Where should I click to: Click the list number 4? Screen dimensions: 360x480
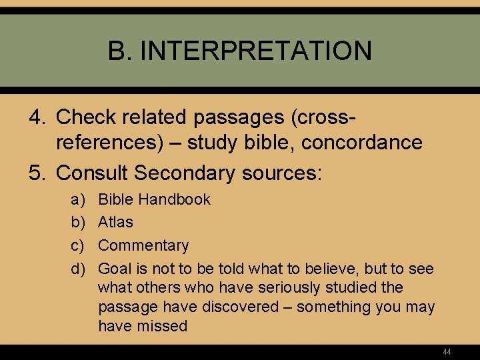(37, 117)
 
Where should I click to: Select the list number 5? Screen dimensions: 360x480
(37, 173)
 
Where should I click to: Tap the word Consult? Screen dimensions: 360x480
(93, 173)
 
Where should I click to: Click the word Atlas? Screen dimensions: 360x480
(115, 222)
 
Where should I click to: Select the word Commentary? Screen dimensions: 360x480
(143, 245)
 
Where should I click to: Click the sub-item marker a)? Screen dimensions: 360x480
(77, 199)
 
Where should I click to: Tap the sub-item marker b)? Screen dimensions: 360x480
(77, 222)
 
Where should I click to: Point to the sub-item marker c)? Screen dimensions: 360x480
(77, 245)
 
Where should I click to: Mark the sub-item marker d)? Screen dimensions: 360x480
(77, 269)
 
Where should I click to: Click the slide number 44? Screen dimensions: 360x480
(447, 351)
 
